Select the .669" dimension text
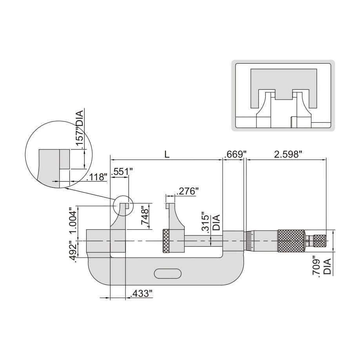coord(234,154)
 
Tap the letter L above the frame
coord(167,154)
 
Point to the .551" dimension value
coord(122,171)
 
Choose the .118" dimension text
coord(96,177)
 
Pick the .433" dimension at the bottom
coord(140,293)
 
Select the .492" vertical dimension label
coord(72,250)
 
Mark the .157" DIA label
coord(79,129)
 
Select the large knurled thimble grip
coord(291,240)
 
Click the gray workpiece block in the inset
coord(283,82)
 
